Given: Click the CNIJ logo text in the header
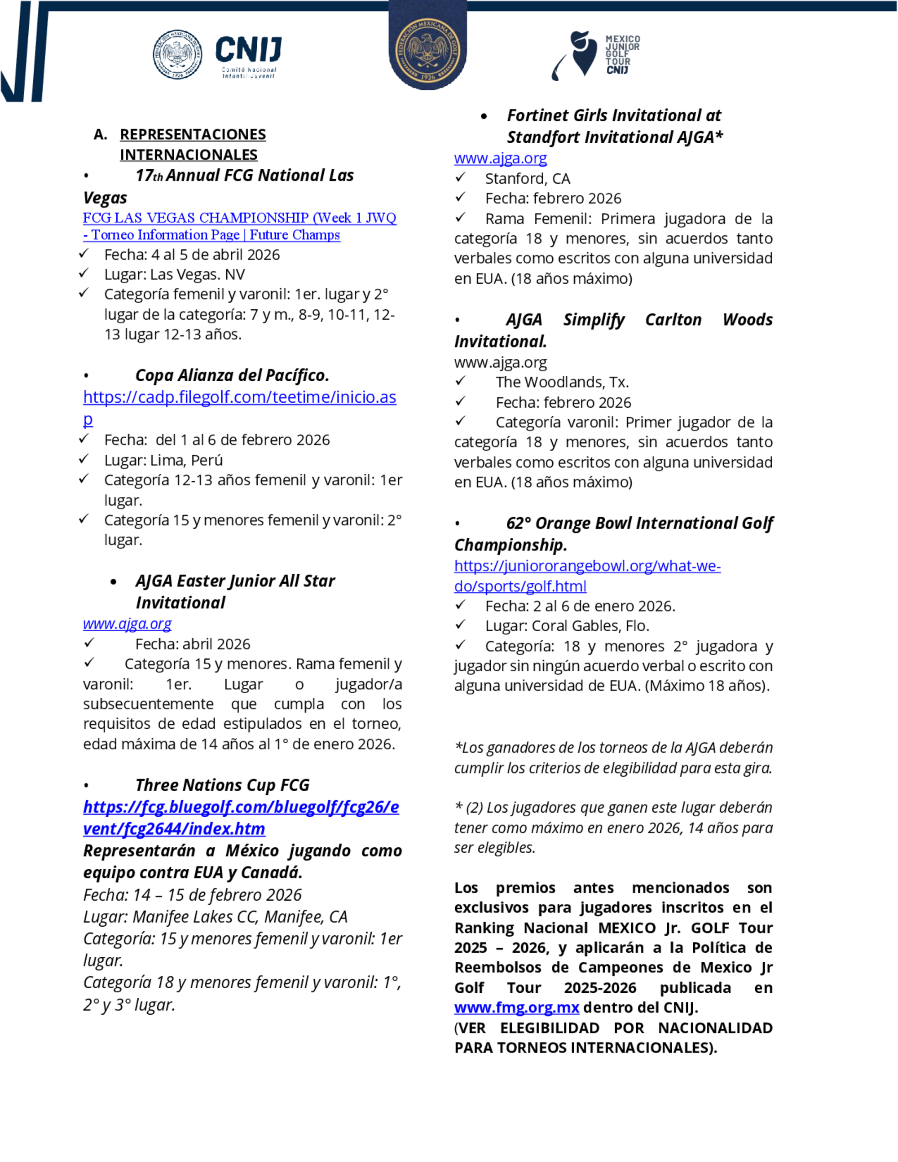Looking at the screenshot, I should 248,49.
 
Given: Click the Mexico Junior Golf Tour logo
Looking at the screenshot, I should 596,54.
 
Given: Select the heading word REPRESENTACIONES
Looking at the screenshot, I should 193,134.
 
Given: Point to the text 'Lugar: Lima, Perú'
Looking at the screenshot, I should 163,460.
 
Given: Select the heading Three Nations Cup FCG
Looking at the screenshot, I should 222,785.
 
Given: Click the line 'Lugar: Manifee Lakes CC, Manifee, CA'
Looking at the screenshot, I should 215,917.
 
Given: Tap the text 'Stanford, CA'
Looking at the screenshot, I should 527,178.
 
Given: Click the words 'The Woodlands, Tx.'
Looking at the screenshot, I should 562,382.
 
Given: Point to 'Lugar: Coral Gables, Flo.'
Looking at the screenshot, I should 567,626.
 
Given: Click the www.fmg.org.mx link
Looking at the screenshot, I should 516,1007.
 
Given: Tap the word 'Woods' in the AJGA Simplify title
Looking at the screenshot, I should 747,319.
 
